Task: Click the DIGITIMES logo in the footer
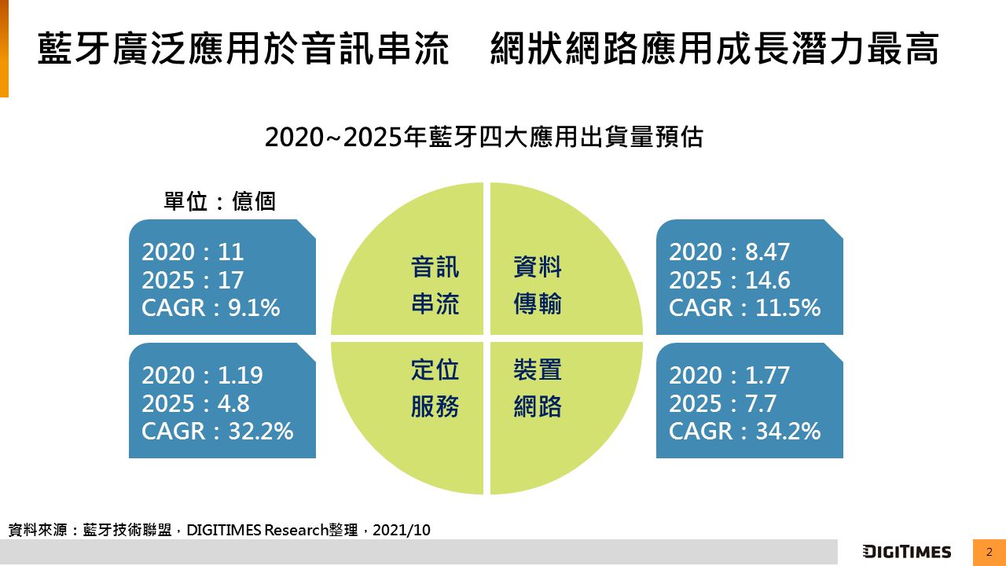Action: (906, 552)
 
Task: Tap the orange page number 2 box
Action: (989, 552)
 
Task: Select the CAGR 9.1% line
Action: (211, 308)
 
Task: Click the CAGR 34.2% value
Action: (744, 431)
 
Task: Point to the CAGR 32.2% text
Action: (217, 431)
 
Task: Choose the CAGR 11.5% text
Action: (744, 308)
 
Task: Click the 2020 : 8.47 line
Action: (729, 252)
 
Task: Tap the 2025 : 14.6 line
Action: (729, 280)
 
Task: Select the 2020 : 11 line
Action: (193, 252)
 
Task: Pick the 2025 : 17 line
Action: (193, 280)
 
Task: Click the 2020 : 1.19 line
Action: (202, 375)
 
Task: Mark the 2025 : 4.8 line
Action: (196, 403)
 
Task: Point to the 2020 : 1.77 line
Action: (729, 375)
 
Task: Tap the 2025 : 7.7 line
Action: (722, 403)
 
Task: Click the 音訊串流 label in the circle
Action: (435, 285)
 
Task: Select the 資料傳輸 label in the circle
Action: (538, 285)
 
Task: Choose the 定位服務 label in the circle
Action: (435, 388)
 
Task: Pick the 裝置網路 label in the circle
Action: (538, 388)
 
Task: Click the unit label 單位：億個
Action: (219, 202)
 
